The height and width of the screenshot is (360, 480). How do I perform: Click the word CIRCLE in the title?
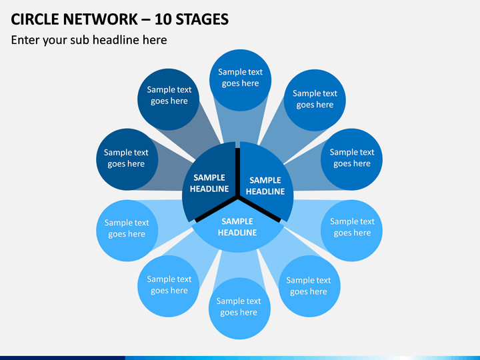(x=35, y=19)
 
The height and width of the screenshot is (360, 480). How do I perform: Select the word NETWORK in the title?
(x=101, y=19)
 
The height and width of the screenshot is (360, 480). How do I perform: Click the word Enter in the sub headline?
(x=25, y=40)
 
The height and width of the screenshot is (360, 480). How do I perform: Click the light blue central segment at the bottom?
(x=237, y=229)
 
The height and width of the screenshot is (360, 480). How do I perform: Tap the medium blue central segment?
(x=265, y=182)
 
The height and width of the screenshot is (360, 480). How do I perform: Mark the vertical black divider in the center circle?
(x=237, y=173)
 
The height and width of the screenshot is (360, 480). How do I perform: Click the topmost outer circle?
(x=240, y=80)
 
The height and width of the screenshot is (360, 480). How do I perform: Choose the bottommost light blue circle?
(x=239, y=308)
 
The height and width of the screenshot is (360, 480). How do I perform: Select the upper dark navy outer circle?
(x=169, y=99)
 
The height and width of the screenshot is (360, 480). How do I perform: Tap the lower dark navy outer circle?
(x=127, y=159)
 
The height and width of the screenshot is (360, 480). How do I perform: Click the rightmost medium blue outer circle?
(x=351, y=159)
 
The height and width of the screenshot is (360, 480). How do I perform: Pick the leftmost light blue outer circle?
(x=127, y=231)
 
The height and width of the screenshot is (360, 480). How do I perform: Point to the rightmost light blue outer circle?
(x=351, y=231)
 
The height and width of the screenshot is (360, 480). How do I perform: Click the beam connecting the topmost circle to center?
(x=240, y=127)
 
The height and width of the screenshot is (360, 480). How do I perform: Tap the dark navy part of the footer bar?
(x=63, y=358)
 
